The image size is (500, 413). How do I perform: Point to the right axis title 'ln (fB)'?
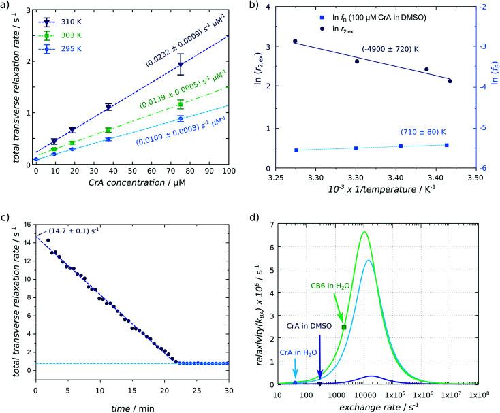[493, 88]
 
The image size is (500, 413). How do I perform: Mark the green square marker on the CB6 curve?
[344, 327]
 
